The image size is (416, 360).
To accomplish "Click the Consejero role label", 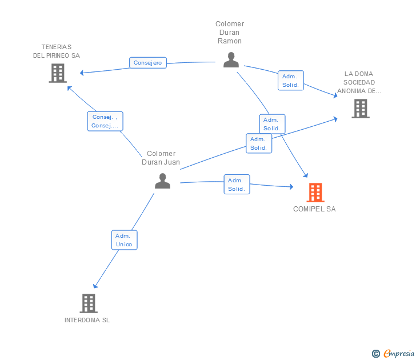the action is [148, 63].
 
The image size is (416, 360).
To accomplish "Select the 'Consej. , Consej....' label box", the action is [105, 121].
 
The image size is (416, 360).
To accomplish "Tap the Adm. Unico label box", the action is [124, 240].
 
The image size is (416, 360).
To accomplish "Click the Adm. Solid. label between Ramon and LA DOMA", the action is [290, 81].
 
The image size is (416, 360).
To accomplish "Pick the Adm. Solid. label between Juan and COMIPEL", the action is [237, 184].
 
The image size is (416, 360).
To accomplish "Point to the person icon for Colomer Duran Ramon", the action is [231, 59].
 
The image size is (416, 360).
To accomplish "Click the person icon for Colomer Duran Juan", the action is [162, 181].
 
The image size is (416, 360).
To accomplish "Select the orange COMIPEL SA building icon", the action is [315, 193].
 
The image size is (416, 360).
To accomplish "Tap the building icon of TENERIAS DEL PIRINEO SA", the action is [58, 73].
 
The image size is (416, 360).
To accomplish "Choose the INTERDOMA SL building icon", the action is [89, 303].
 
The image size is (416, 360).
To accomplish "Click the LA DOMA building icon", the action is [361, 109].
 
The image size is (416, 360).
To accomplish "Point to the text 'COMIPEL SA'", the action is [314, 209].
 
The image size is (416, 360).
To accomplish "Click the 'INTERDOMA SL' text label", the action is [87, 320].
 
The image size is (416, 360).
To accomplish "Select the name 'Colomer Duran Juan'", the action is [161, 158].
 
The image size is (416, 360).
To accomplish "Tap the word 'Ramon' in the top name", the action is [230, 41].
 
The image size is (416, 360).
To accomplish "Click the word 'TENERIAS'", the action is [57, 47].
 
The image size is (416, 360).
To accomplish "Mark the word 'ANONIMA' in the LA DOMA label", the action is [351, 91].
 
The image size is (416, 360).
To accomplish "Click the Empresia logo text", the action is [399, 353].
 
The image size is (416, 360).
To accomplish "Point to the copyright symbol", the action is [376, 354].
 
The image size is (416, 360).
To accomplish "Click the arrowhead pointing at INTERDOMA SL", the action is [95, 286].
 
